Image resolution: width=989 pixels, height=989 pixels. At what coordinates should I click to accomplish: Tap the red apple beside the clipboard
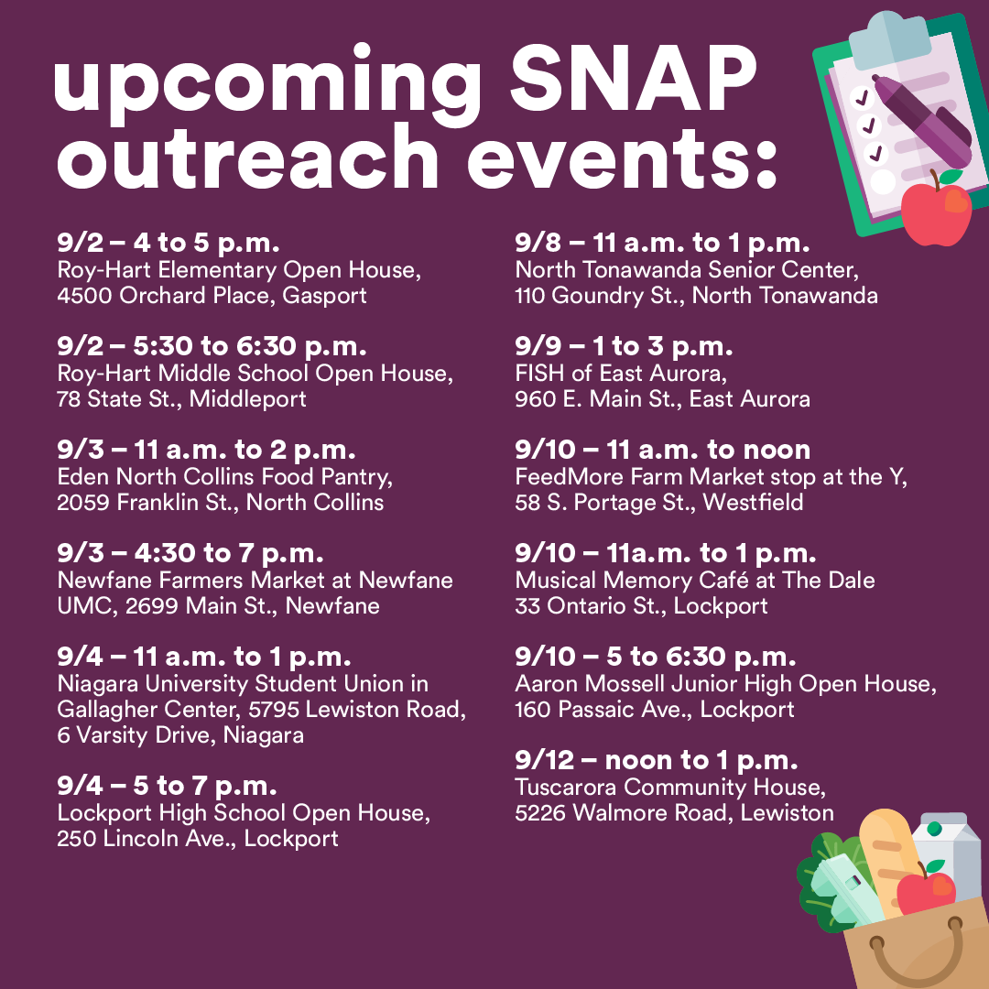935,210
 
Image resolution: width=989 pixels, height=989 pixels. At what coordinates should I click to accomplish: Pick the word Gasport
324,296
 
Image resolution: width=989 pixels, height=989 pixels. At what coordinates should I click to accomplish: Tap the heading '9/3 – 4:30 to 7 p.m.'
190,553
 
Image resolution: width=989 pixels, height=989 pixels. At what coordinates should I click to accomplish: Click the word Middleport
248,399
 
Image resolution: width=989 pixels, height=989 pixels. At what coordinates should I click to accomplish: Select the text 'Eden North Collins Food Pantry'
217,477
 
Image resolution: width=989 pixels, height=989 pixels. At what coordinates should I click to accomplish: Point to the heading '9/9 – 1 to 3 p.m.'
624,346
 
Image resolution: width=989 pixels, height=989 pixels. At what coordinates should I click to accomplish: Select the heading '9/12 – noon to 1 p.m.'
656,760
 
